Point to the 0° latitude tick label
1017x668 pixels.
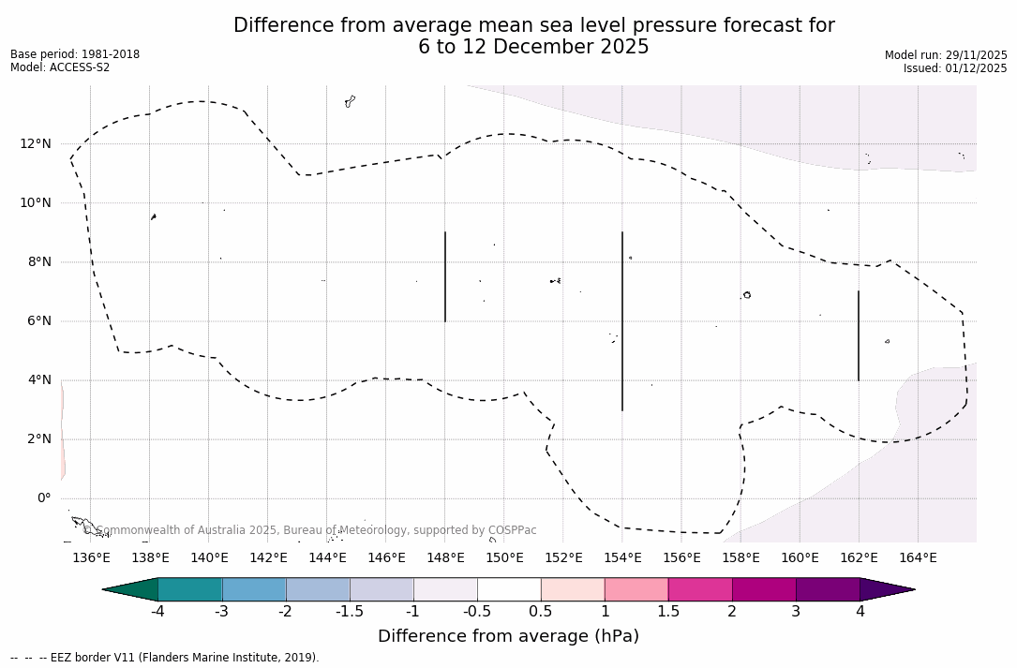(43, 498)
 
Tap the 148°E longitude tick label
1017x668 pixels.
(445, 558)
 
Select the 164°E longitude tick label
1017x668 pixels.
(918, 558)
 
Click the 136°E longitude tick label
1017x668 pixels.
(91, 558)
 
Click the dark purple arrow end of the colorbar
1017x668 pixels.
(886, 589)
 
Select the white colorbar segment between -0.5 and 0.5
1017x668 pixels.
(509, 589)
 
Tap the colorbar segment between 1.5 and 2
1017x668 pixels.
(700, 589)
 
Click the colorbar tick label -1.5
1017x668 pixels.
(350, 612)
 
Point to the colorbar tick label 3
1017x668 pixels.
(796, 612)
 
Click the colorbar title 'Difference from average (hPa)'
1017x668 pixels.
(508, 636)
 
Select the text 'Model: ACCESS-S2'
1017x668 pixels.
(60, 67)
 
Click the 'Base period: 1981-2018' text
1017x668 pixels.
(75, 54)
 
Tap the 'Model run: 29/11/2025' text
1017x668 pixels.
(946, 55)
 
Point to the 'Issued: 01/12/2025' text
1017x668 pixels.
(955, 68)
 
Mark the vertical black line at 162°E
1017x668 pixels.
(859, 335)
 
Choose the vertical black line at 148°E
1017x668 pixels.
(445, 276)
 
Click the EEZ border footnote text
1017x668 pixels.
(165, 658)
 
